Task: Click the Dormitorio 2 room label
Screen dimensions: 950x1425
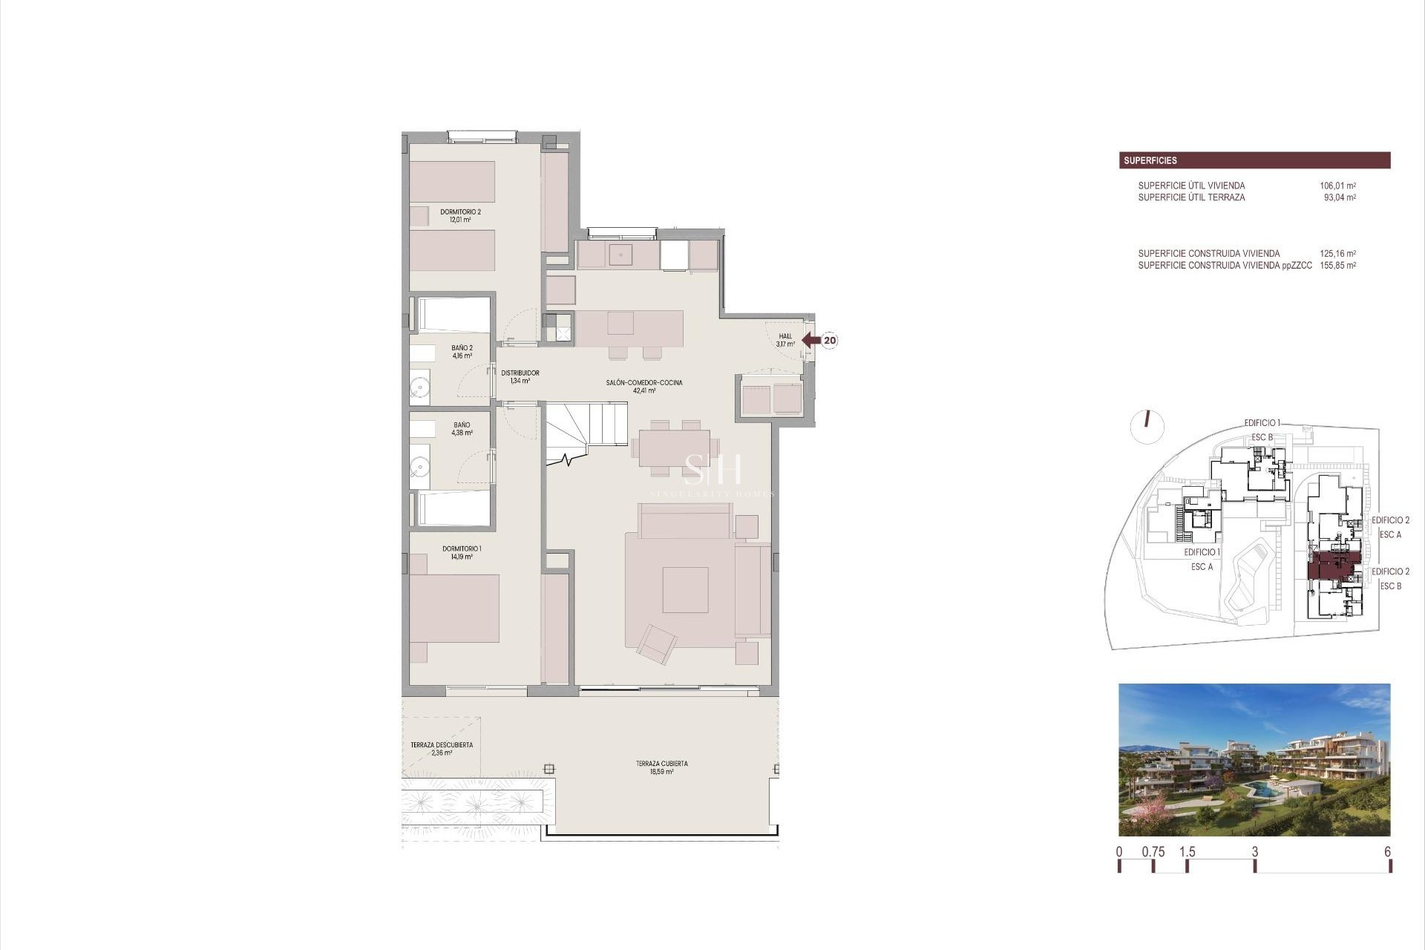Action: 460,215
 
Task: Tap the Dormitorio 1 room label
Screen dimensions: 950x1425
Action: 462,552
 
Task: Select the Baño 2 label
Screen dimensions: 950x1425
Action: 462,351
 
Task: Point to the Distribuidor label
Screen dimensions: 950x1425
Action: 520,376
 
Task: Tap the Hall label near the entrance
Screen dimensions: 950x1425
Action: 785,340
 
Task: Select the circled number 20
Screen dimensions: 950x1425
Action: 830,341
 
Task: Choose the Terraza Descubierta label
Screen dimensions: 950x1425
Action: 442,748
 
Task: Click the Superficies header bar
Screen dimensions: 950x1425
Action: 1254,160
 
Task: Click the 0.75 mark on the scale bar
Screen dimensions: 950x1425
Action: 1153,852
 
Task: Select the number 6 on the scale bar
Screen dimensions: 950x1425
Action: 1387,852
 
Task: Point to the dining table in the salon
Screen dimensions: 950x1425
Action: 675,448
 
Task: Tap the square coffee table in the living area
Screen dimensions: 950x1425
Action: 685,589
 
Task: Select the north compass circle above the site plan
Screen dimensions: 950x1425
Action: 1147,425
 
